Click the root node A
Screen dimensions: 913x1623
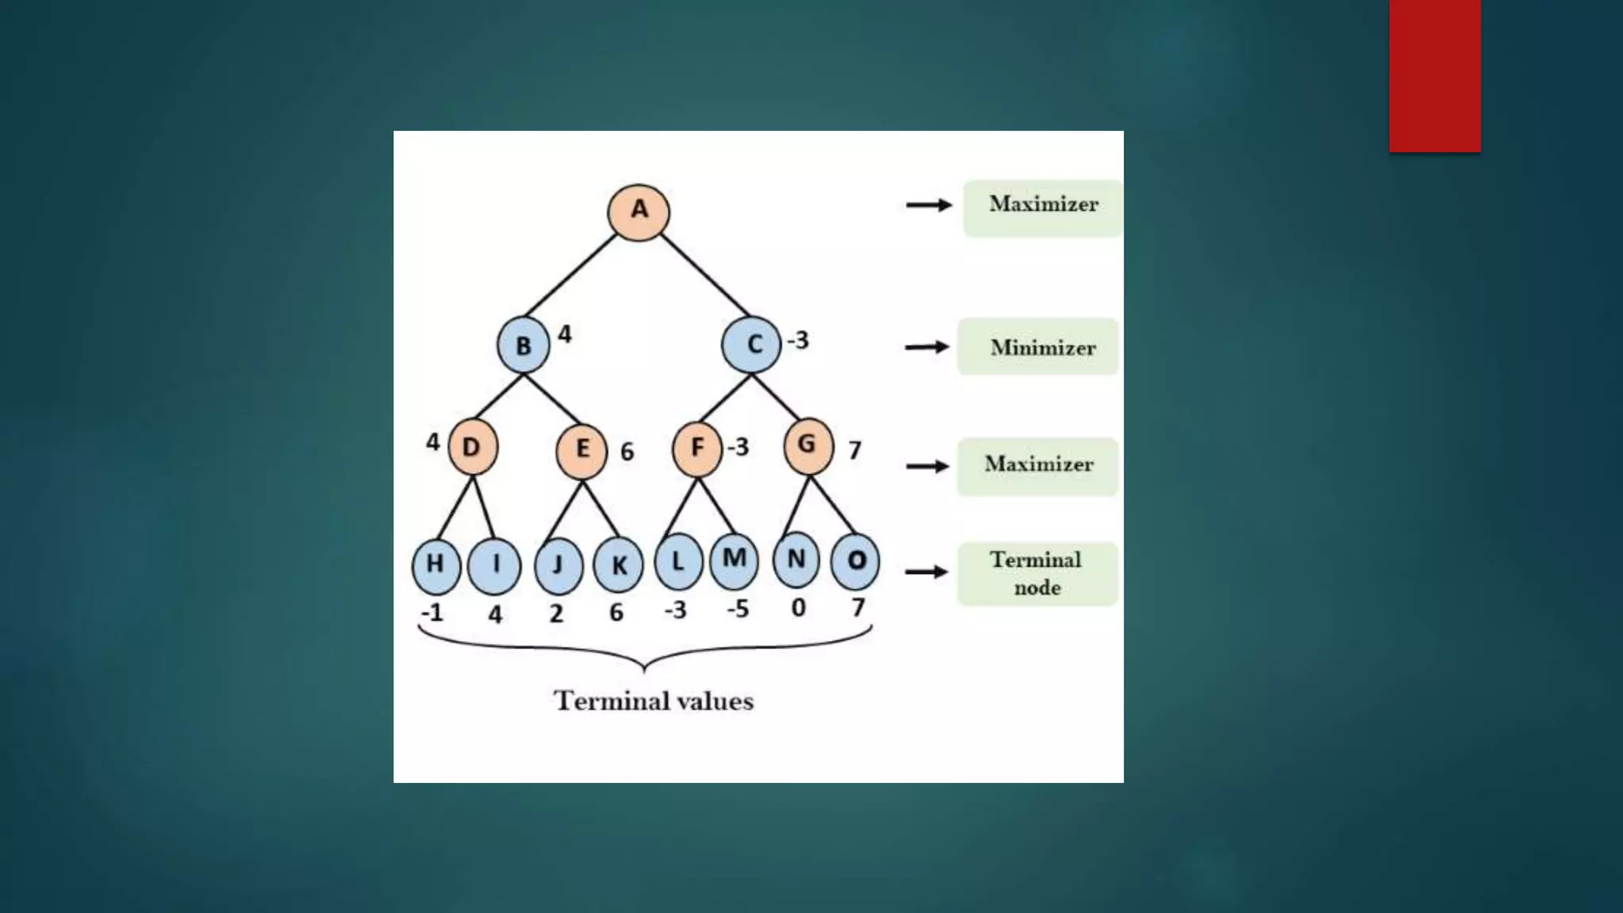[x=638, y=212]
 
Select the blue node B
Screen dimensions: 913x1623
[x=523, y=346]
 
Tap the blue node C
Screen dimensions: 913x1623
[x=751, y=344]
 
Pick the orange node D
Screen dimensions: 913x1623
[x=472, y=447]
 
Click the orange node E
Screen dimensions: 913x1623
[x=582, y=450]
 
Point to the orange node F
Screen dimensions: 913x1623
[x=697, y=449]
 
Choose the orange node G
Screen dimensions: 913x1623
[x=808, y=445]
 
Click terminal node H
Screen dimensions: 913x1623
[x=436, y=565]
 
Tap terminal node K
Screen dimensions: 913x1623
[x=618, y=565]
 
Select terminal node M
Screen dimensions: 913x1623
[x=734, y=560]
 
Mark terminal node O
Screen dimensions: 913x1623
[x=855, y=561]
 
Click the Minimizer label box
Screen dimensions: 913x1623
[x=1038, y=347]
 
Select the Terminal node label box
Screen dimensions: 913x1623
[x=1037, y=574]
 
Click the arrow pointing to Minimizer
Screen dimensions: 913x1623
[x=927, y=347]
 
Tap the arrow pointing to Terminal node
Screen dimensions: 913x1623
[x=926, y=572]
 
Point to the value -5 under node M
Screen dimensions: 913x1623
[x=737, y=609]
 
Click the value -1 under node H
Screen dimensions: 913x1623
[x=432, y=613]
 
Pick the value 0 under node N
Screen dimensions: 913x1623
[x=798, y=608]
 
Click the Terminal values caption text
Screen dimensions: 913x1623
[x=654, y=701]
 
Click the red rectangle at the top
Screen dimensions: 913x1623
[x=1434, y=75]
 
